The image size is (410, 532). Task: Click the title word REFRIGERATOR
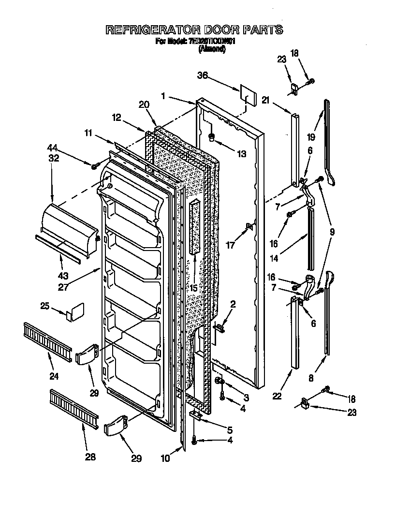click(x=151, y=30)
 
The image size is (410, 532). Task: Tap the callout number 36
click(x=203, y=75)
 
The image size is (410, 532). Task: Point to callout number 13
click(x=241, y=154)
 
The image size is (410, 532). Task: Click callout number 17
click(x=231, y=245)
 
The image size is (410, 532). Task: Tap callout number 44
click(x=53, y=148)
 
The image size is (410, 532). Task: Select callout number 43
click(x=63, y=276)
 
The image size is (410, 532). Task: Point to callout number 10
click(x=165, y=458)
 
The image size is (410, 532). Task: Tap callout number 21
click(x=265, y=100)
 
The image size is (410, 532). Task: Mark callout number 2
click(x=233, y=304)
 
